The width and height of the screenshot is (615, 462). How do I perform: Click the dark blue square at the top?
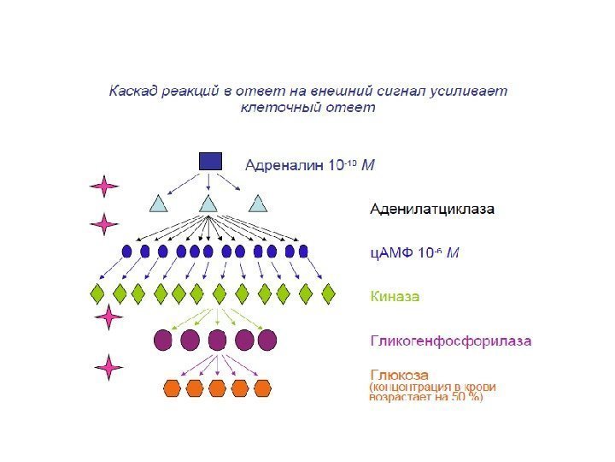tap(210, 161)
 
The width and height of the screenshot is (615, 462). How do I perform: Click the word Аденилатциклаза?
tap(431, 209)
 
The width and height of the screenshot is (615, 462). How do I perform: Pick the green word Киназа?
tap(395, 296)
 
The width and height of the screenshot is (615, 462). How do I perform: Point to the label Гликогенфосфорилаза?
tap(450, 341)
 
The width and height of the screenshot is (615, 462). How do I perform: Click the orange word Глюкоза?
tap(399, 375)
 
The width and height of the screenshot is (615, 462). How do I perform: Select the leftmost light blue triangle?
tap(159, 204)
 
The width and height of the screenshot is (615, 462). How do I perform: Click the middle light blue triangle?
tap(208, 204)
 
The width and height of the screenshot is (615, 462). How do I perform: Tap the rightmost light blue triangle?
tap(258, 204)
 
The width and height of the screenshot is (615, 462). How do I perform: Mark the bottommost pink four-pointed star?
tap(108, 367)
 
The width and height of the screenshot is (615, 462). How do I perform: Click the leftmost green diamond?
tap(98, 293)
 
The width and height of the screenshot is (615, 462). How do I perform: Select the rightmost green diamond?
tap(329, 293)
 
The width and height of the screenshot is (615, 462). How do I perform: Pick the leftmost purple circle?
tap(162, 340)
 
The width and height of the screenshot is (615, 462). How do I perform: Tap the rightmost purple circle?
tap(267, 340)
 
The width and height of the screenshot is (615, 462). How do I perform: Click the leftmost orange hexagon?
tap(173, 388)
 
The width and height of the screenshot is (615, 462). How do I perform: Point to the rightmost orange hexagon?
tap(261, 388)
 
